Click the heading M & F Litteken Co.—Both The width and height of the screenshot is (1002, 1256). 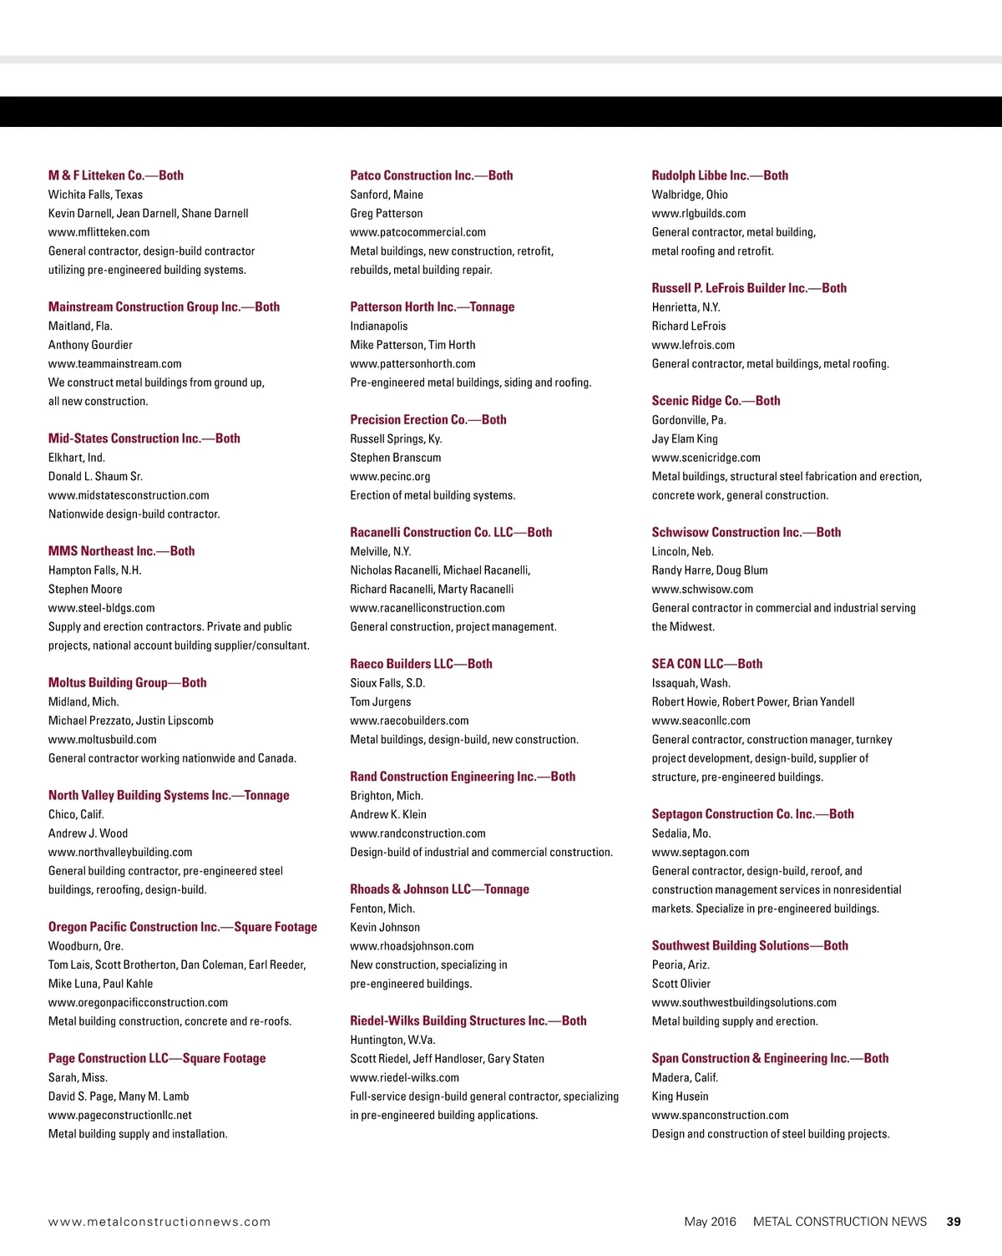click(116, 175)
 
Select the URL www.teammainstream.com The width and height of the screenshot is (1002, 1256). click(115, 364)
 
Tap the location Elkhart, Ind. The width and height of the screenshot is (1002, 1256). click(77, 458)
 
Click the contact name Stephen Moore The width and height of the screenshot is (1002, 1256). click(85, 590)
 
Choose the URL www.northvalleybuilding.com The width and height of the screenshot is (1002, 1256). click(120, 853)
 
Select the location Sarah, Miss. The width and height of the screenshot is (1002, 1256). click(78, 1078)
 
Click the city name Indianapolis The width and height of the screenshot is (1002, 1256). click(379, 327)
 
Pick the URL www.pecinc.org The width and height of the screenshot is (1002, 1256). click(391, 477)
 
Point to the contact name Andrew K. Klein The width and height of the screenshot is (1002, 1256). click(388, 815)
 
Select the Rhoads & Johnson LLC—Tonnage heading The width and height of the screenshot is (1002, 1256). click(440, 889)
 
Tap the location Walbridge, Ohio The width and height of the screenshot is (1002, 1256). click(690, 195)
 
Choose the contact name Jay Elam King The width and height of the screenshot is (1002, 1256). click(685, 439)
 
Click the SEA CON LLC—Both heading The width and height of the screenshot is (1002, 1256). click(707, 664)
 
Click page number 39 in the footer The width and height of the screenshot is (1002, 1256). click(954, 1222)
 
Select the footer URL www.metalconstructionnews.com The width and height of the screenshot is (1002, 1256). click(159, 1222)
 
